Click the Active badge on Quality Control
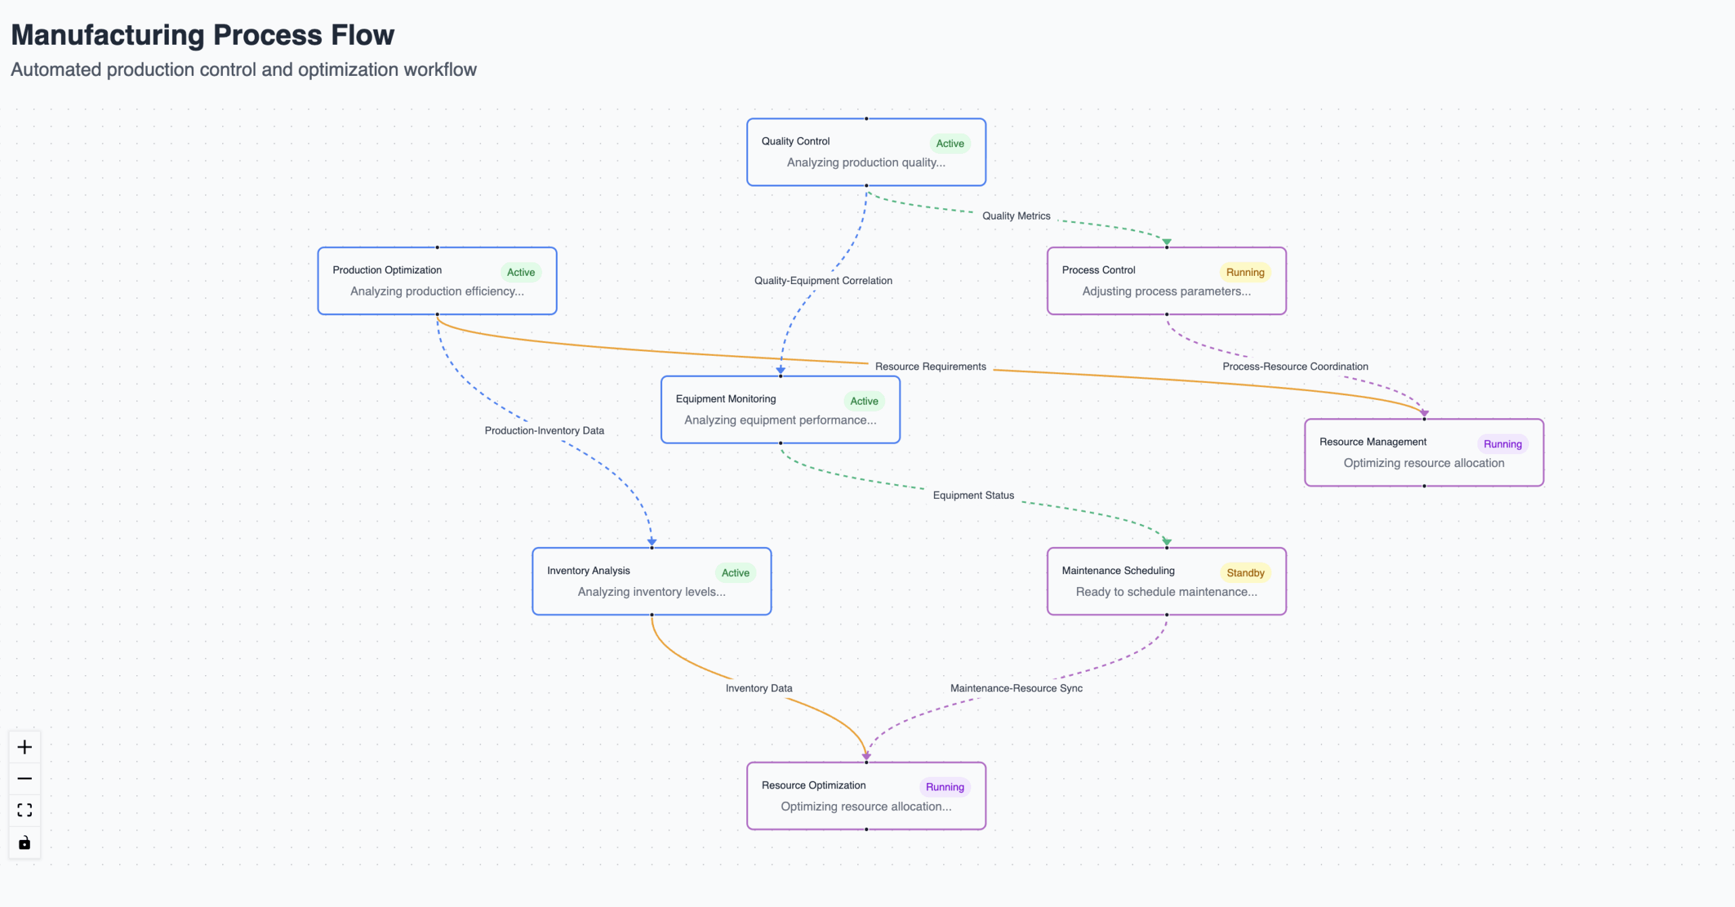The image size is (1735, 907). pos(950,143)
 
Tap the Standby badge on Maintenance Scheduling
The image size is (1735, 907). pos(1245,573)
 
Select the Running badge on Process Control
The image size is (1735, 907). pos(1245,273)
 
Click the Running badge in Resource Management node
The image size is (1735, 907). pos(1503,444)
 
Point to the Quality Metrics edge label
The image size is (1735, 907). pos(1016,216)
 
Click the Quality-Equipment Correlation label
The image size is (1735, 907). pos(823,281)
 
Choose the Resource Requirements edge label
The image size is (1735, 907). pos(931,367)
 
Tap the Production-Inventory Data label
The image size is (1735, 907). pos(544,430)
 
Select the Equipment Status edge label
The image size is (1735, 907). pos(973,496)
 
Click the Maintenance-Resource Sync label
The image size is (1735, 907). pos(1016,688)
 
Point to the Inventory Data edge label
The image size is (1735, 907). pos(758,688)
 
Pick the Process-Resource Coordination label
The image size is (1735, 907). pos(1295,367)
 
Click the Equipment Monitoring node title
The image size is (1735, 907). pos(725,399)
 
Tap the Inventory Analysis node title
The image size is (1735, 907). pos(588,571)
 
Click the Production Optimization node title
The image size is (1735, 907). pos(387,270)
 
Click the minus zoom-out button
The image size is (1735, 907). pos(24,779)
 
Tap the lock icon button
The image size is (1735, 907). pos(24,843)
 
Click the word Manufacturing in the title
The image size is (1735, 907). pos(108,35)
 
